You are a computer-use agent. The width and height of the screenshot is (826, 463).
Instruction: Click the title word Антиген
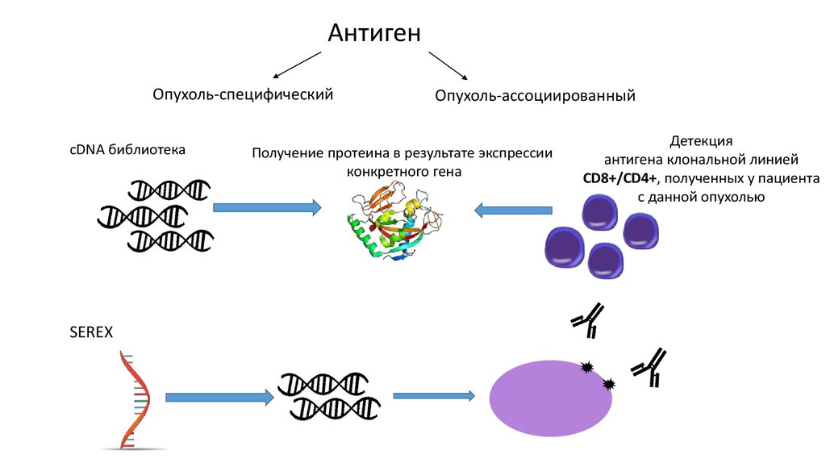point(374,33)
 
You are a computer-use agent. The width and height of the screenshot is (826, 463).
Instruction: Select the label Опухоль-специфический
point(243,94)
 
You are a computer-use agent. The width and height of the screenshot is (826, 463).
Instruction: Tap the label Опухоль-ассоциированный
point(536,96)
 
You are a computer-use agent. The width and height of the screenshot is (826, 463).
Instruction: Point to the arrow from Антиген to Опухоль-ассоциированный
point(448,65)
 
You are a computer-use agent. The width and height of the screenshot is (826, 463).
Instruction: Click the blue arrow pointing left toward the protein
point(513,211)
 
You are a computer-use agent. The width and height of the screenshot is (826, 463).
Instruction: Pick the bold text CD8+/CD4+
point(621,178)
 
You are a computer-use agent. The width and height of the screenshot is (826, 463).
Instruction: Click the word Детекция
point(700,140)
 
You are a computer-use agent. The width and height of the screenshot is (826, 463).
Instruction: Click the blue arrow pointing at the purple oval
point(439,396)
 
